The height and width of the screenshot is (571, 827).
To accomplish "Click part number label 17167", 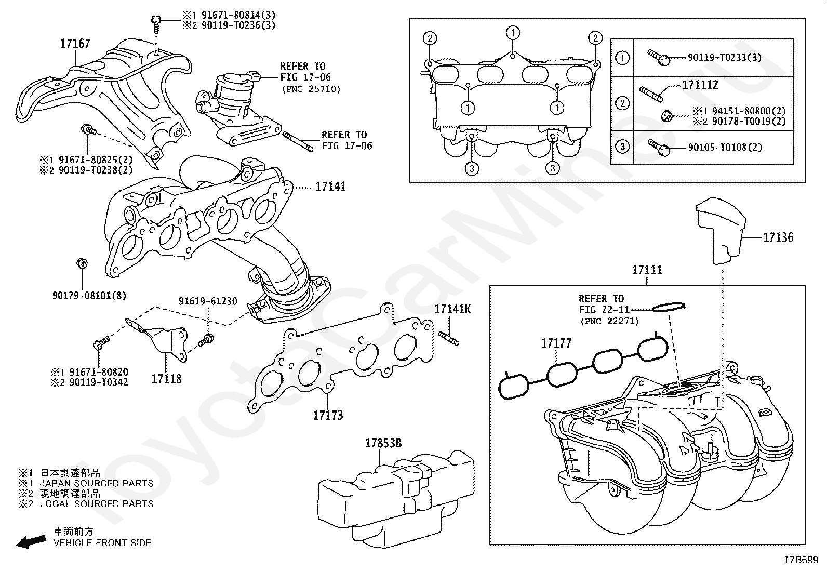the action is pyautogui.click(x=75, y=44).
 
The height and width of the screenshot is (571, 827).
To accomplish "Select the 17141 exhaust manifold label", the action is pyautogui.click(x=330, y=187).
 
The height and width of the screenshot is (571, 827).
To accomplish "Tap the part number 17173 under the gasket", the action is pyautogui.click(x=328, y=416).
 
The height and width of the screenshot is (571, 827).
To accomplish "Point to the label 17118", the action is pyautogui.click(x=167, y=379).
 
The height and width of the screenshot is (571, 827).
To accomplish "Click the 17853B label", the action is pyautogui.click(x=383, y=443).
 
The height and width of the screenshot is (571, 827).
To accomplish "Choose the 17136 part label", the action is pyautogui.click(x=778, y=237).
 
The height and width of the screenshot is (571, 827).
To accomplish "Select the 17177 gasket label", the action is pyautogui.click(x=556, y=343).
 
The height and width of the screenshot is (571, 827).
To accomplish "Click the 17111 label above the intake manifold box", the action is pyautogui.click(x=647, y=270).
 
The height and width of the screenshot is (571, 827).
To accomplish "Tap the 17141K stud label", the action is pyautogui.click(x=452, y=309).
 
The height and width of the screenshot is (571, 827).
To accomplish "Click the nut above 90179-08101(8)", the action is pyautogui.click(x=82, y=263).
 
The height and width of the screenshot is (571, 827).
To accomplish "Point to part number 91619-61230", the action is pyautogui.click(x=208, y=301).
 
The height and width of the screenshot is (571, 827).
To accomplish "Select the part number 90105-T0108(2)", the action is pyautogui.click(x=725, y=148).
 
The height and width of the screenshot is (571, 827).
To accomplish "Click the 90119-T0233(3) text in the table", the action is pyautogui.click(x=725, y=57).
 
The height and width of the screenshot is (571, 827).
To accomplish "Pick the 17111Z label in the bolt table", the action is pyautogui.click(x=700, y=85).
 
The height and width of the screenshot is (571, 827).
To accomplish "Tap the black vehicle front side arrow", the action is pyautogui.click(x=31, y=542).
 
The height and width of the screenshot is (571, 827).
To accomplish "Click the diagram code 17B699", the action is pyautogui.click(x=801, y=560).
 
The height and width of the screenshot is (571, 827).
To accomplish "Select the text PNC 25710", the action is pyautogui.click(x=311, y=89).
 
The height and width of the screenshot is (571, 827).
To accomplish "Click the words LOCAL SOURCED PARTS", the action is pyautogui.click(x=96, y=504).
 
